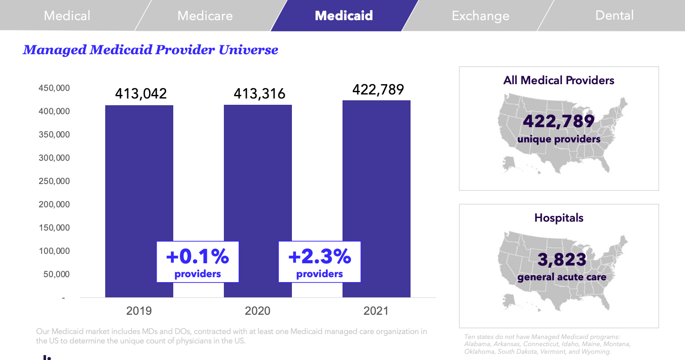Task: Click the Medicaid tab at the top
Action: (343, 16)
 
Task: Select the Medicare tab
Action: (205, 16)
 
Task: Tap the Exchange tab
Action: (480, 16)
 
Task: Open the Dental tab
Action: (614, 16)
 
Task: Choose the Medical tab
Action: (67, 16)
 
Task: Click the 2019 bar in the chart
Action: (139, 179)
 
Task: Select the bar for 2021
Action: (376, 179)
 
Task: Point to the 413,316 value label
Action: (259, 94)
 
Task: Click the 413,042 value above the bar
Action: (141, 94)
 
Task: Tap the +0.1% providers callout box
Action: (197, 262)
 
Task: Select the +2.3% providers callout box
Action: (320, 262)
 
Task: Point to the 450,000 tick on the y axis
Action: (54, 88)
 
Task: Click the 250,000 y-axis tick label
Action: (54, 181)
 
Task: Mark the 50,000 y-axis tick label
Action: (56, 274)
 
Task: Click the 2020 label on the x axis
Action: (257, 311)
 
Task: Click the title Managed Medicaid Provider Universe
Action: (150, 50)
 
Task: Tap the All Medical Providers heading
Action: (559, 81)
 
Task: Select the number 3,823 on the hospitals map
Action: (562, 259)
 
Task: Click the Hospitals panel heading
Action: (559, 218)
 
